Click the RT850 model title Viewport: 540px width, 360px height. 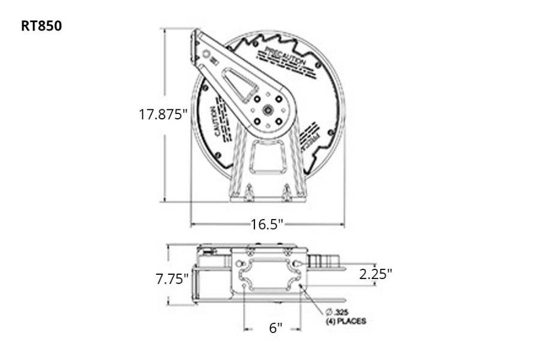point(41,26)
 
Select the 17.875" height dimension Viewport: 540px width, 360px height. point(163,114)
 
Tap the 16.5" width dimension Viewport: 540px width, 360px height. point(267,224)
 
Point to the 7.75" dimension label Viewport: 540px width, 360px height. point(172,278)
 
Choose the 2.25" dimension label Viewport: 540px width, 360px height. point(376,274)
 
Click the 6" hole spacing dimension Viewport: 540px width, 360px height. point(275,328)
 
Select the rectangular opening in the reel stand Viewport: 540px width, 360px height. point(268,156)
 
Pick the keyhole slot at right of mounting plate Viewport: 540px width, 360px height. point(298,263)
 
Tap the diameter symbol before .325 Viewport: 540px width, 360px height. point(329,312)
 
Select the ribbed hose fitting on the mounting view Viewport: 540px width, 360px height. point(322,261)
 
